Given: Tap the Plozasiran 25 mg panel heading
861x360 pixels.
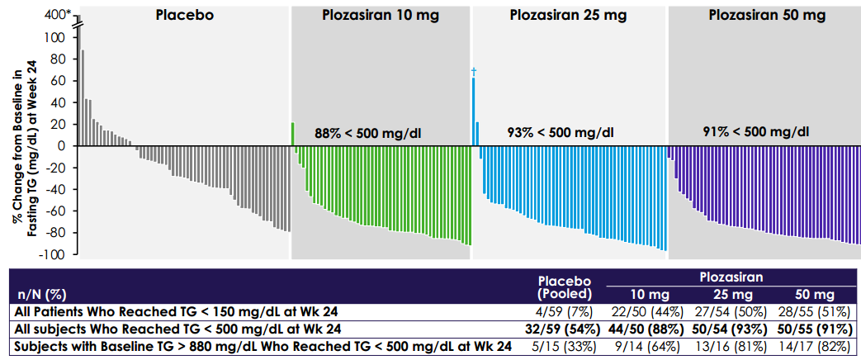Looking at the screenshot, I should pos(567,16).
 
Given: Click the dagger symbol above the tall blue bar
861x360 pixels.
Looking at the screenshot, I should pos(474,72).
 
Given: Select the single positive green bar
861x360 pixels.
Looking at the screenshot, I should pos(293,134).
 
